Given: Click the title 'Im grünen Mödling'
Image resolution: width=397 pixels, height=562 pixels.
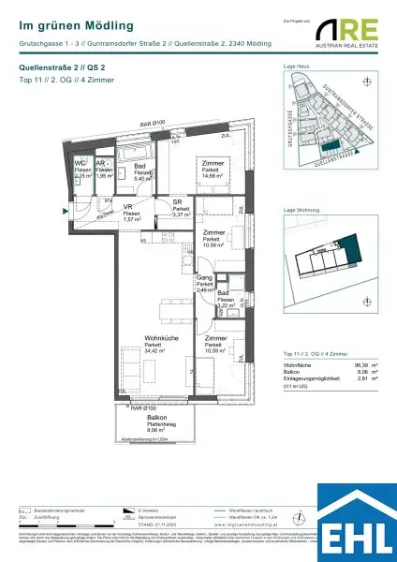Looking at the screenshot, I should [x=76, y=26].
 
